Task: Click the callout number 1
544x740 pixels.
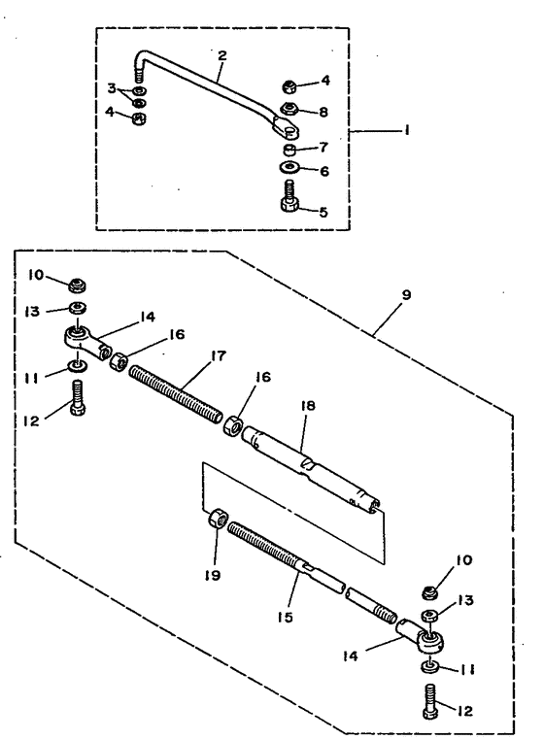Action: pyautogui.click(x=407, y=129)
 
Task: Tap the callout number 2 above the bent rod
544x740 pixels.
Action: pyautogui.click(x=221, y=55)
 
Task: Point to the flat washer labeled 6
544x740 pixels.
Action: pyautogui.click(x=289, y=168)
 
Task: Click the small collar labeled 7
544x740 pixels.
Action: pyautogui.click(x=289, y=151)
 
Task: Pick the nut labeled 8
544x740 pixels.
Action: pyautogui.click(x=289, y=109)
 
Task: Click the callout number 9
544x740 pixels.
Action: pyautogui.click(x=406, y=295)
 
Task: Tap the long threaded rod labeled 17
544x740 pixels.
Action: pyautogui.click(x=175, y=394)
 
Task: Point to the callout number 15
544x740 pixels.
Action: pyautogui.click(x=286, y=617)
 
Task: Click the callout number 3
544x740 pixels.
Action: pyautogui.click(x=112, y=87)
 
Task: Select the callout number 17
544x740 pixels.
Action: pyautogui.click(x=219, y=355)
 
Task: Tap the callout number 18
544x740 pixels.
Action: pyautogui.click(x=308, y=405)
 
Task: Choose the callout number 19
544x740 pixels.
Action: pyautogui.click(x=213, y=575)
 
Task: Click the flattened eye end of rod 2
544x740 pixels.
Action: pyautogui.click(x=287, y=128)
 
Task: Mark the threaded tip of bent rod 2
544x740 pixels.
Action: pyautogui.click(x=138, y=75)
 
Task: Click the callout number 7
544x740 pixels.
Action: pyautogui.click(x=323, y=148)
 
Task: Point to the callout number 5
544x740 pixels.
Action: pyautogui.click(x=323, y=212)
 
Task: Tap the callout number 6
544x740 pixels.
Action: pyautogui.click(x=323, y=171)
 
